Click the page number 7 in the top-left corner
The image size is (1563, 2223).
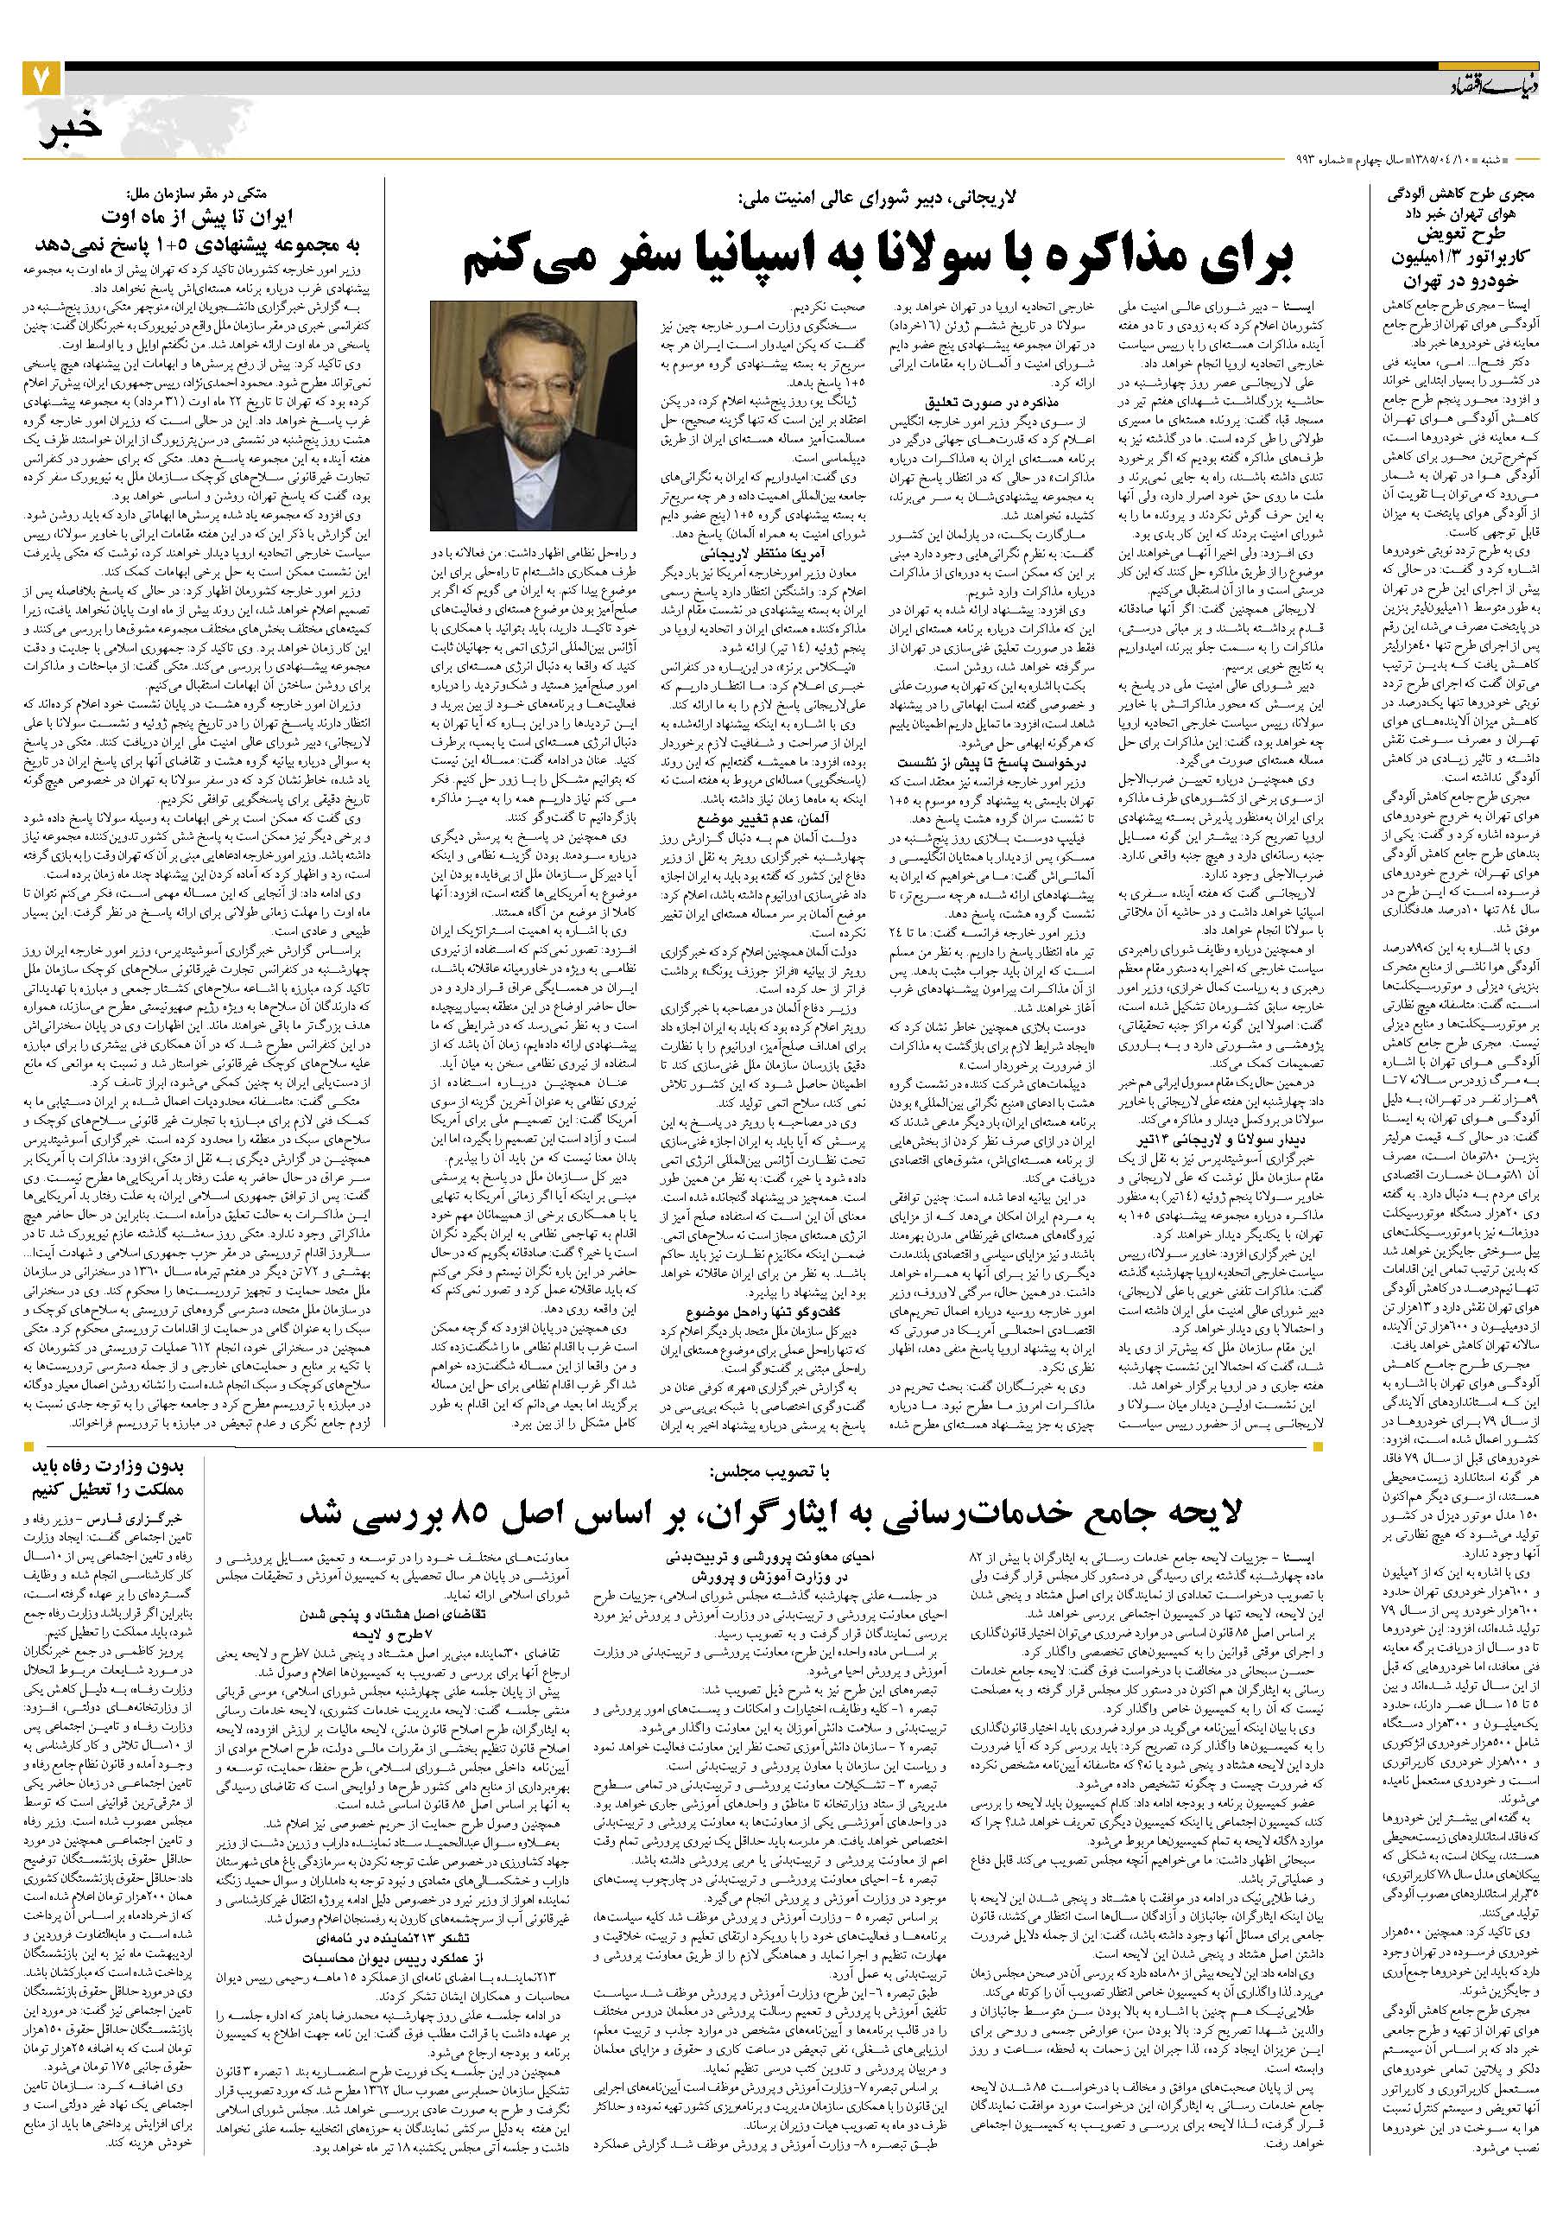[43, 77]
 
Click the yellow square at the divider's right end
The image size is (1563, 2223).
[1317, 1446]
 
